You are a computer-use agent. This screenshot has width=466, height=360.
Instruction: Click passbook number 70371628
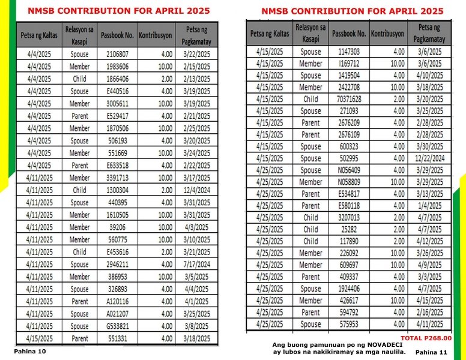tap(349, 99)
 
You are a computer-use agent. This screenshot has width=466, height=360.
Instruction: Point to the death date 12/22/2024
tap(429, 158)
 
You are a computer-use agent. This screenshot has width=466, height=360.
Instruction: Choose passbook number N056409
tap(349, 170)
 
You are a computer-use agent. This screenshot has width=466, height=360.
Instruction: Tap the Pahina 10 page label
tap(29, 351)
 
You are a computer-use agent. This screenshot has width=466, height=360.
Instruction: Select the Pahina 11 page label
tap(431, 352)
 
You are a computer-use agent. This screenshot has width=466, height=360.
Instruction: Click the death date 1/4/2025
tap(429, 206)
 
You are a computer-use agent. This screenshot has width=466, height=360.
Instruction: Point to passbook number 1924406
tap(349, 289)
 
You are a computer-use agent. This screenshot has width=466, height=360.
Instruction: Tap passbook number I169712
tap(349, 64)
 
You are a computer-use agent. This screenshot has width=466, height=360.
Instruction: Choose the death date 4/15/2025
tap(429, 301)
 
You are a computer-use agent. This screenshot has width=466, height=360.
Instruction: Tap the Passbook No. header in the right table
tap(349, 34)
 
